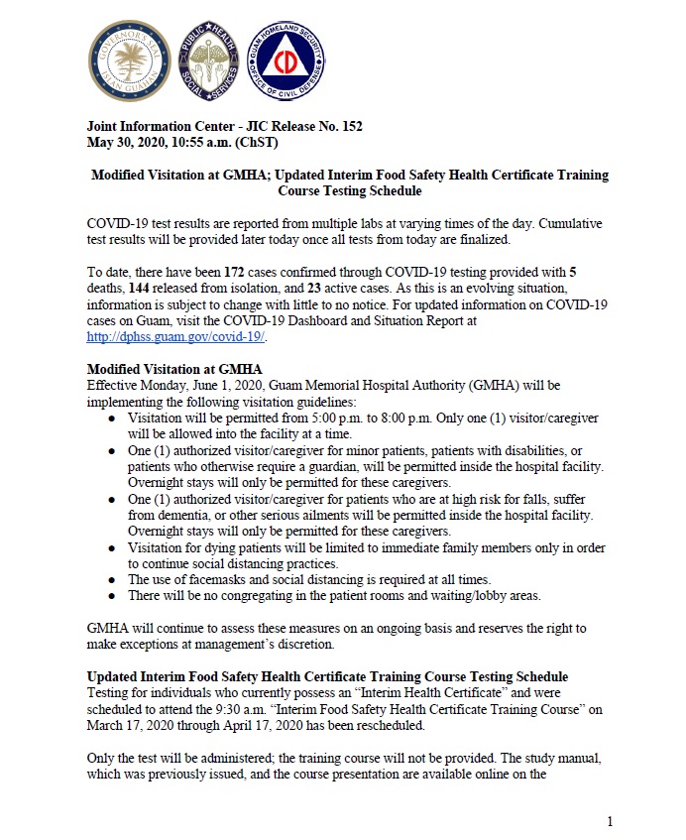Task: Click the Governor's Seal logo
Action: point(130,61)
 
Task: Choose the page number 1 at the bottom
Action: point(611,821)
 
